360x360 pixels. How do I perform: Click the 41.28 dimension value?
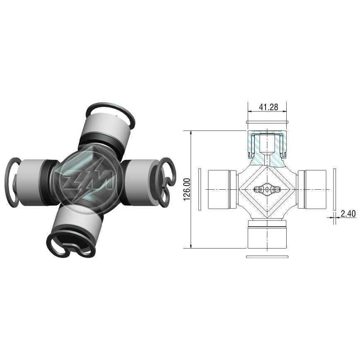(x=268, y=107)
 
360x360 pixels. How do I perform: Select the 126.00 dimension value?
(x=187, y=189)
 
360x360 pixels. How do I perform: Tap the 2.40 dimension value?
(x=348, y=214)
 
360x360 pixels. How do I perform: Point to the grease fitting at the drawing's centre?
(x=268, y=189)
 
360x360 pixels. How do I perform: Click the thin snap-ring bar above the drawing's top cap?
(x=268, y=122)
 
